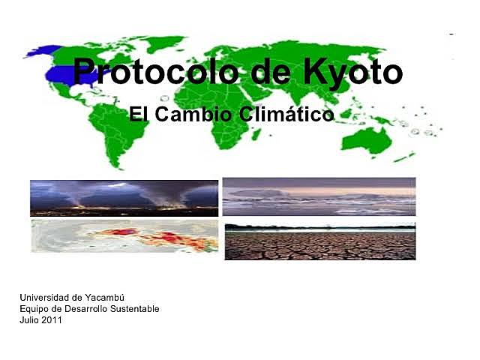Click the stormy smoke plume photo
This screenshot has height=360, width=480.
click(x=124, y=197)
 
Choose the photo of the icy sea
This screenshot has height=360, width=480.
click(x=319, y=196)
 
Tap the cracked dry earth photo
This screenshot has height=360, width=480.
click(x=319, y=241)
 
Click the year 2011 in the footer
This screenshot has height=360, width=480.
click(x=52, y=320)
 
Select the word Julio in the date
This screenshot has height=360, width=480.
click(x=29, y=320)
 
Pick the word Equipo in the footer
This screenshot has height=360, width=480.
click(x=34, y=309)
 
